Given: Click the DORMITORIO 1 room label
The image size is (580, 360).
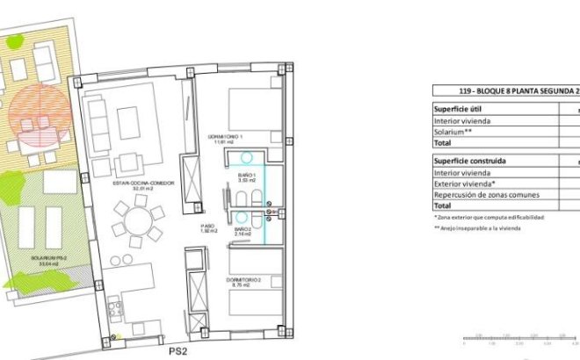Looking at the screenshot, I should pos(224,136).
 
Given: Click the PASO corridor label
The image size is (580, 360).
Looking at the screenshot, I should pos(207,226).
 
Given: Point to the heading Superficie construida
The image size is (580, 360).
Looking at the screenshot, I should pos(470,162).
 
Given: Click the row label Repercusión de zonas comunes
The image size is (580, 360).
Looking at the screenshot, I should pos(485,194).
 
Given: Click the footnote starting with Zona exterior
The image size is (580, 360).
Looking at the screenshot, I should pos(489,217).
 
